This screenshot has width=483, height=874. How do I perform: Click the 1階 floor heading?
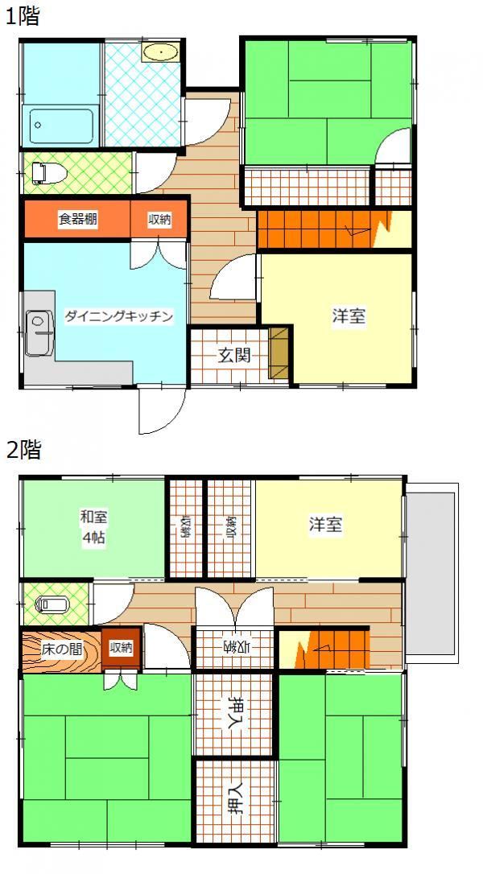click(23, 16)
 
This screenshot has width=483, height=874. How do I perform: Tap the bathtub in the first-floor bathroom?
click(61, 126)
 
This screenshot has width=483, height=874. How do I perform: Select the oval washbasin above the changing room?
click(161, 52)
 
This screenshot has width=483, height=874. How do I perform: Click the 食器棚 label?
click(77, 219)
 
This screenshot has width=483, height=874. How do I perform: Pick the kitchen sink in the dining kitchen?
click(39, 332)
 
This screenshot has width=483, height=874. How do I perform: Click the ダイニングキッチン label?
click(118, 316)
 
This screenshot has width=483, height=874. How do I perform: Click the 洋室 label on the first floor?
click(349, 316)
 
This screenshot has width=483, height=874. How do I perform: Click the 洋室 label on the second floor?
click(326, 525)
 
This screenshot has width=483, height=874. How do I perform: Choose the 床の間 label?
click(59, 649)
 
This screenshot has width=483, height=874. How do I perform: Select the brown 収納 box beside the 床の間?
click(121, 648)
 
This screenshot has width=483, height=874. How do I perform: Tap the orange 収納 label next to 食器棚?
click(159, 219)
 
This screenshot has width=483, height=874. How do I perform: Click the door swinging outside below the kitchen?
click(162, 410)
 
